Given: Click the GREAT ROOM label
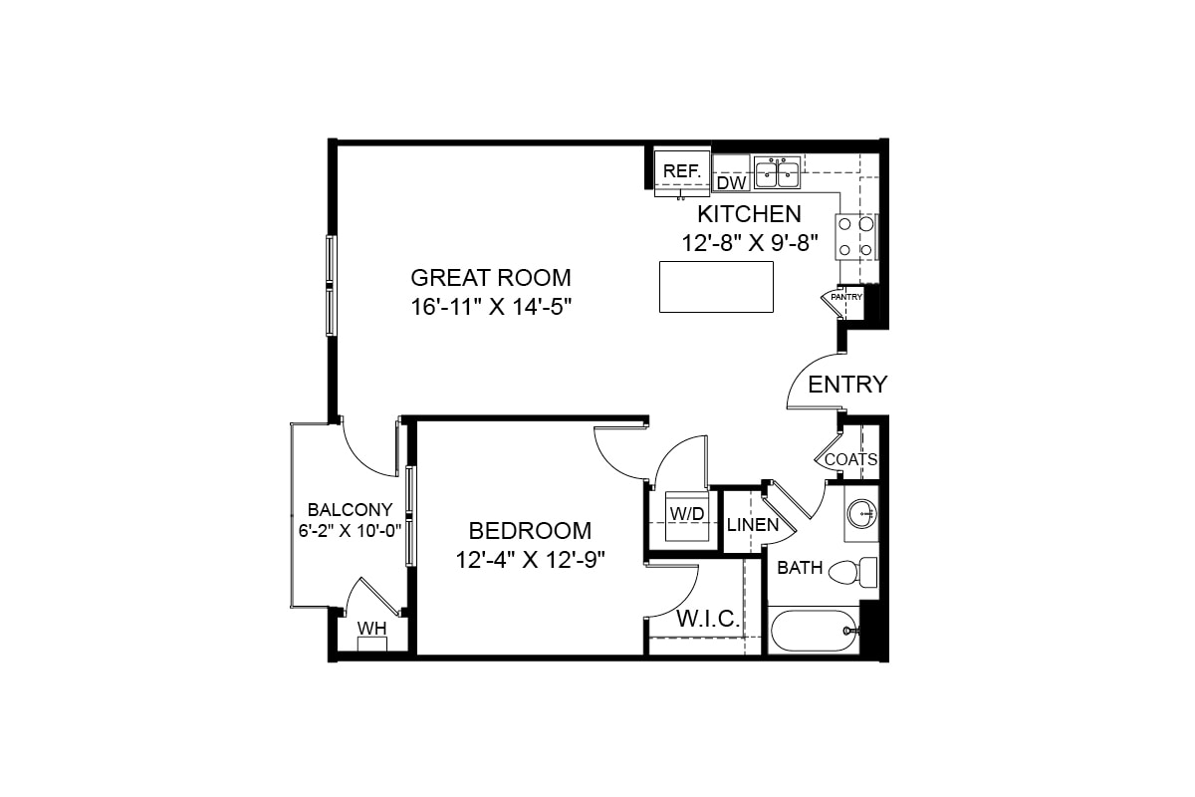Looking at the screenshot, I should pyautogui.click(x=491, y=277).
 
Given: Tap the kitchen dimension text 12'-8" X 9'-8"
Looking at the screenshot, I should pyautogui.click(x=750, y=241).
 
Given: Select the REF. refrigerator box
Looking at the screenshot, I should pyautogui.click(x=682, y=171).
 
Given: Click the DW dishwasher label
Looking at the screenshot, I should pyautogui.click(x=732, y=183).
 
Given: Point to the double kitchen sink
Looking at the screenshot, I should pyautogui.click(x=777, y=172).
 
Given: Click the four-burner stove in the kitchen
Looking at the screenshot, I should pyautogui.click(x=855, y=237).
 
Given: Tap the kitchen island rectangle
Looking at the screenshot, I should pyautogui.click(x=716, y=287).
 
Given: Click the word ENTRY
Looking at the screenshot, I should pyautogui.click(x=847, y=385).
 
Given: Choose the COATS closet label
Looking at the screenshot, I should pyautogui.click(x=850, y=459).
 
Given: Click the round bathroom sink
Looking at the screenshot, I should pyautogui.click(x=860, y=514).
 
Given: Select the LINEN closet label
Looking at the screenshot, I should pyautogui.click(x=753, y=524).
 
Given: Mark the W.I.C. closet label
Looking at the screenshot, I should pyautogui.click(x=708, y=619).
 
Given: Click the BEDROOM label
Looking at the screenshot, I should pyautogui.click(x=530, y=531).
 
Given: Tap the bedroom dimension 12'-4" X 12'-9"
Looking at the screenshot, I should pyautogui.click(x=531, y=560).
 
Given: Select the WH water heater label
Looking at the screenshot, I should pyautogui.click(x=371, y=628).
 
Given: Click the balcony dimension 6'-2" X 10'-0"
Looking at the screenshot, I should pyautogui.click(x=350, y=530).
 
